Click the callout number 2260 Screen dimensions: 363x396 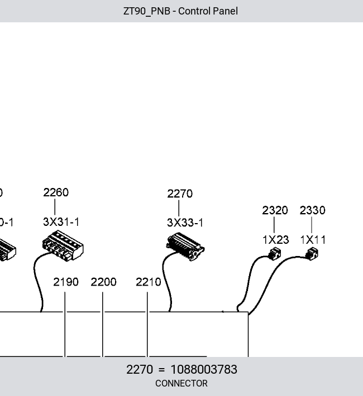56,192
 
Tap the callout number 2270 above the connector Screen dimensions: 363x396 180,194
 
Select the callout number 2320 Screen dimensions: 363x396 275,210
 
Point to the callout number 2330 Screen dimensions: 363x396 312,210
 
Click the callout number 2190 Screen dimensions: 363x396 66,282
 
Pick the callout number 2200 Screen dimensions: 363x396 103,282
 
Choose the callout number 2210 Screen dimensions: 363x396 149,282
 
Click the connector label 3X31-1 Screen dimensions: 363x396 61,222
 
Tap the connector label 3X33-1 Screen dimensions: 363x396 185,223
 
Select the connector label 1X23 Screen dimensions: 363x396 276,240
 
